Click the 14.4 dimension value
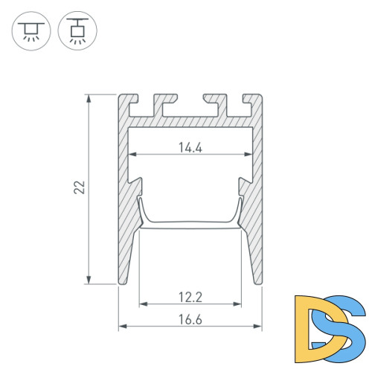point(190,147)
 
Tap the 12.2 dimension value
point(190,298)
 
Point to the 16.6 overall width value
point(190,320)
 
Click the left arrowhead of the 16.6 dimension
point(121,326)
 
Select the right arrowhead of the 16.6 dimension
point(260,326)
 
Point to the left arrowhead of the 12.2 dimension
point(141,304)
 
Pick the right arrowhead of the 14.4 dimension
point(248,154)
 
